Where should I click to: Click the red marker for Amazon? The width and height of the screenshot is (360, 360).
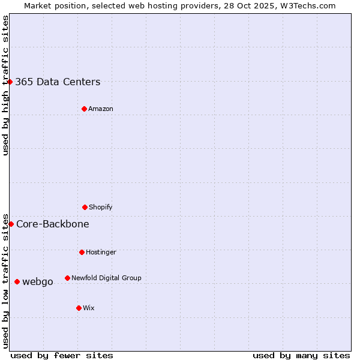pos(84,109)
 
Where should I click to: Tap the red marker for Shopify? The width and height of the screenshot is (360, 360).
pos(85,207)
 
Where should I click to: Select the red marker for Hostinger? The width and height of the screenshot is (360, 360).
pos(82,252)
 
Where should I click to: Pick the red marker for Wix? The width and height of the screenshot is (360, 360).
pos(79,308)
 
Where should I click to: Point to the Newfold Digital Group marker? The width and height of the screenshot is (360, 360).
pos(67,278)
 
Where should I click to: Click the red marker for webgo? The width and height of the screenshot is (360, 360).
pos(17,281)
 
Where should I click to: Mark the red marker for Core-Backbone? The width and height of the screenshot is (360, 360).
pos(11,224)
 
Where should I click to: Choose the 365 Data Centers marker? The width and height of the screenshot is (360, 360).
pos(10,82)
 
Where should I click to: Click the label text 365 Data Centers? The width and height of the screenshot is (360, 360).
pos(58,82)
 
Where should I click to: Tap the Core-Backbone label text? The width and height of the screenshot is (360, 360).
pos(53,224)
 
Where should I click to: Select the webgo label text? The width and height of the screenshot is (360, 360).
pos(38,282)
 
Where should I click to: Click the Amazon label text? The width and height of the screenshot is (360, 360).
pos(101,109)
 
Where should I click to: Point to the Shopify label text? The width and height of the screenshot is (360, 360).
pos(101,208)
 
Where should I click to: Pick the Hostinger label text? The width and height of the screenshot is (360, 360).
pos(101,253)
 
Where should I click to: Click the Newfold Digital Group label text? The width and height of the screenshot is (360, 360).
pos(106,278)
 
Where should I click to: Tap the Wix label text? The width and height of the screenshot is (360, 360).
pos(89,308)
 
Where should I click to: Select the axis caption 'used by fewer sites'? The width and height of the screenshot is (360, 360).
pos(62,355)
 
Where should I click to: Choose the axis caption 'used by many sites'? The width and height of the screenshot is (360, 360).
pos(301,355)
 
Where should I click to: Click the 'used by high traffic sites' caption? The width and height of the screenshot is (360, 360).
pos(5,85)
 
